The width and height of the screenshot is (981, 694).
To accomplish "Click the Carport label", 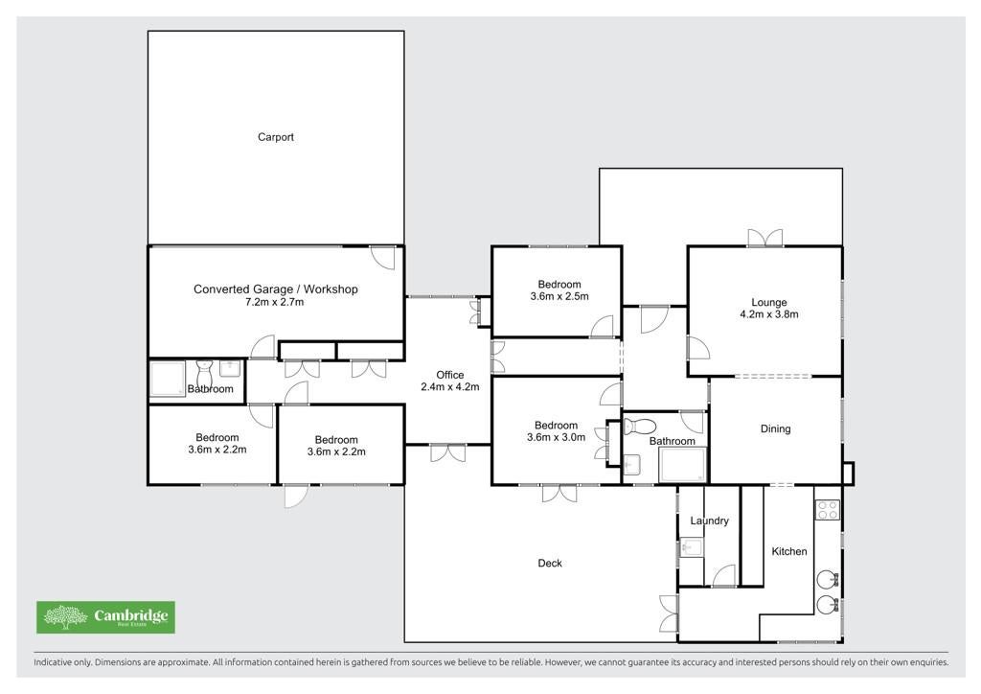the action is (x=275, y=137).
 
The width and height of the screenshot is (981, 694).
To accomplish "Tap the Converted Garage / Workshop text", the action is (x=275, y=289).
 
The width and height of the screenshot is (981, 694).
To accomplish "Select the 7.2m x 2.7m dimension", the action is (x=275, y=302).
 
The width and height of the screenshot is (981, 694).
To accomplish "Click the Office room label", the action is (x=450, y=375).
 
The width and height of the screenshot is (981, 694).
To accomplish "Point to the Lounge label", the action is (x=769, y=302).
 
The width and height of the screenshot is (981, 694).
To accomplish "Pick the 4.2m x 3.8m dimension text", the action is (x=769, y=314).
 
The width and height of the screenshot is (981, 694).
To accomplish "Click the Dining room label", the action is (x=775, y=428).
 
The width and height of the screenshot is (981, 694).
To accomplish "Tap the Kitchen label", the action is (x=789, y=551).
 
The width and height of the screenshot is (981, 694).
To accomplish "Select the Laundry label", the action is (x=710, y=520).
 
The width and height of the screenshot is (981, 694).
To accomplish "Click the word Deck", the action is (x=550, y=564).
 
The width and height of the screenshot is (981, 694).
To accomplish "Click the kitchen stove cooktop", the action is (x=827, y=510).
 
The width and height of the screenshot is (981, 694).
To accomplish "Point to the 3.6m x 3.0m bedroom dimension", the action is (x=557, y=437).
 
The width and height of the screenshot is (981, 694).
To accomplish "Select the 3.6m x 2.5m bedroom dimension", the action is (x=559, y=296).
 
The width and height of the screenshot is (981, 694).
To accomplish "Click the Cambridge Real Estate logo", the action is (x=105, y=617).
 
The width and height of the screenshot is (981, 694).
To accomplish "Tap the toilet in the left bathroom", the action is (x=205, y=374).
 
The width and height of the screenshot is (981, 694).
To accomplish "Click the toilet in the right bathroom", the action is (x=639, y=427).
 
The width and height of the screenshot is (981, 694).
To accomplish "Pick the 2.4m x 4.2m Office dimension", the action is (x=450, y=387).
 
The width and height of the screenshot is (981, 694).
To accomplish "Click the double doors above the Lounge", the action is (x=765, y=238).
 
